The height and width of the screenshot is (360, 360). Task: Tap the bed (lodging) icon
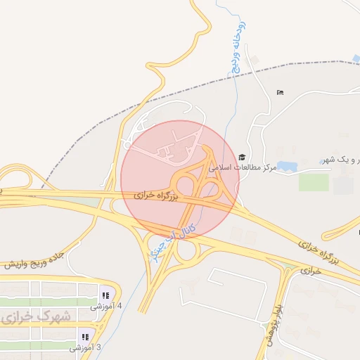pos(281,92)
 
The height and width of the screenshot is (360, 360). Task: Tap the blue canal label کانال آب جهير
pos(172,240)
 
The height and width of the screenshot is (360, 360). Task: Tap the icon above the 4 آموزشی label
pos(105,295)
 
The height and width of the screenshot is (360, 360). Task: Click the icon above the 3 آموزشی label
pos(85,336)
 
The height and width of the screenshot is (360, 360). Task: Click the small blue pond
pos(286,167)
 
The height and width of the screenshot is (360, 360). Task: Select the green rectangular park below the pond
pos(314,182)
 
